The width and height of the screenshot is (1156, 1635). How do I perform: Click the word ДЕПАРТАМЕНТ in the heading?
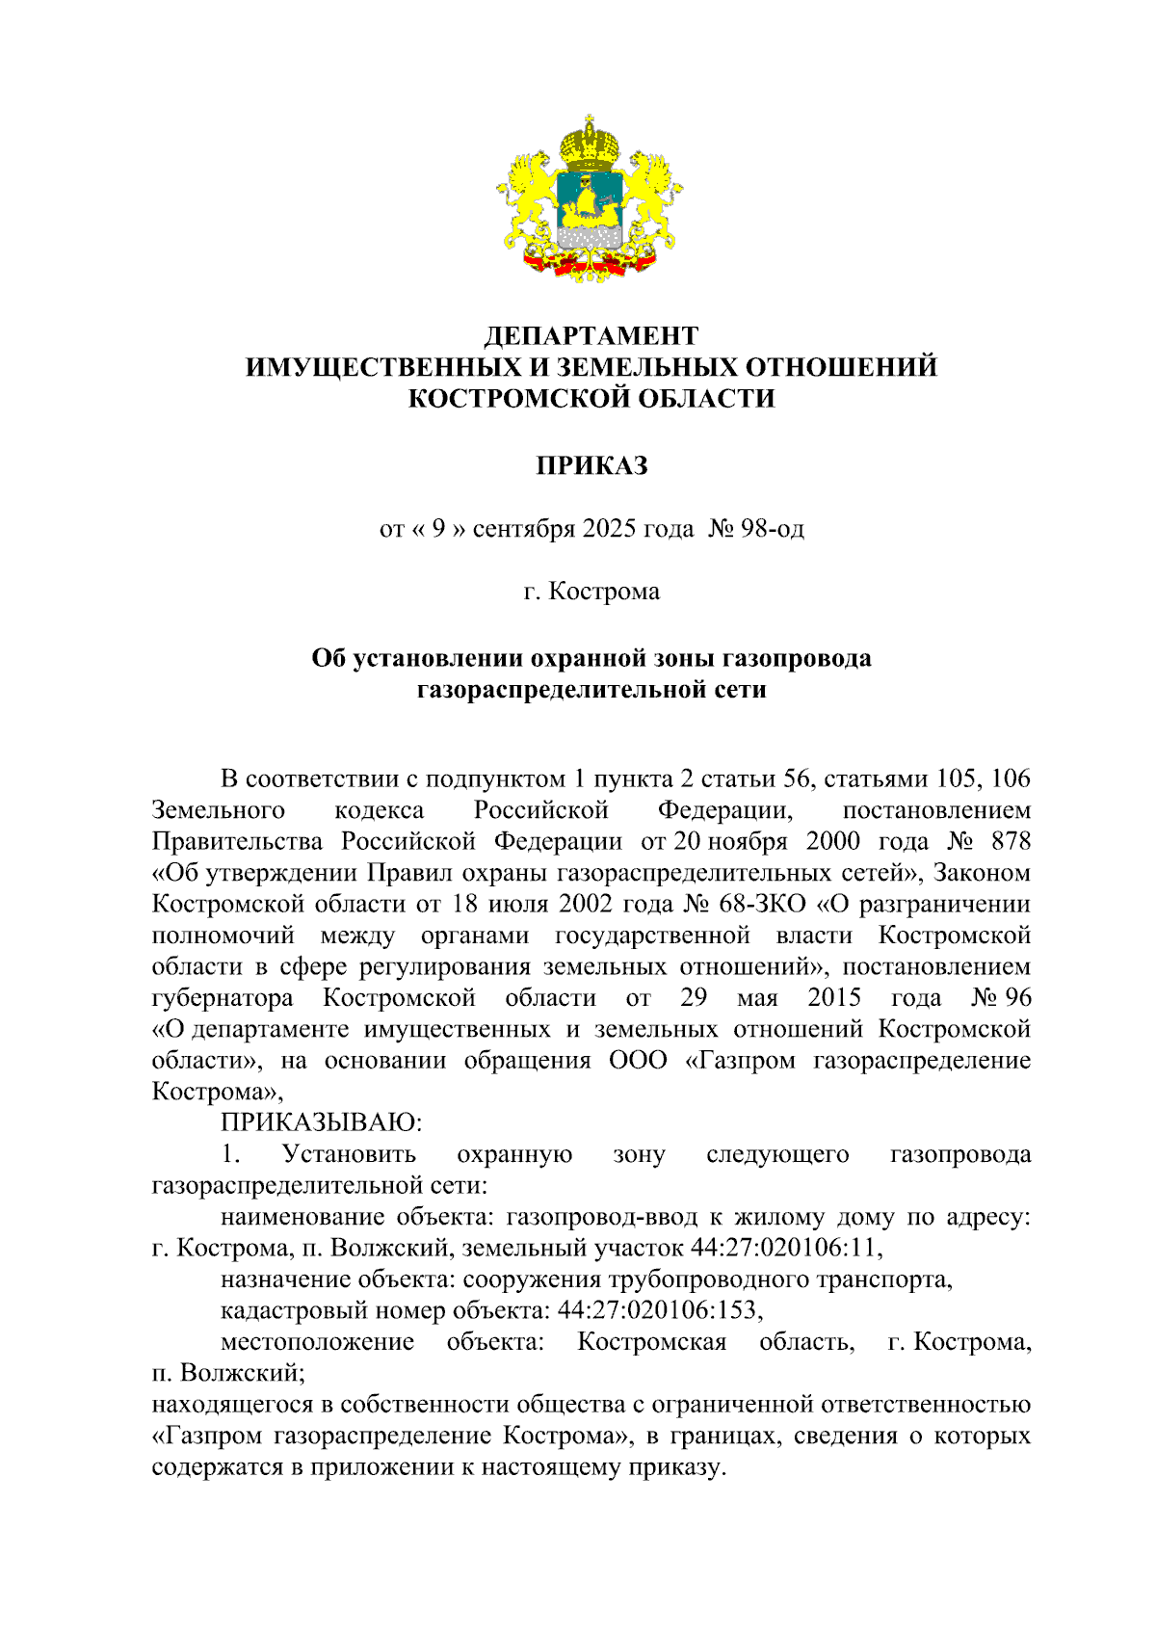tap(591, 335)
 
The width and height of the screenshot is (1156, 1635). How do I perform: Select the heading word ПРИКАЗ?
tap(591, 465)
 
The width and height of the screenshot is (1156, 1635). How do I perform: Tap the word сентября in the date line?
tap(524, 528)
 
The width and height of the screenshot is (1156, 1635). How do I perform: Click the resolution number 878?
tap(1011, 841)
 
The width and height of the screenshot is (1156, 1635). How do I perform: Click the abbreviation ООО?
tap(638, 1060)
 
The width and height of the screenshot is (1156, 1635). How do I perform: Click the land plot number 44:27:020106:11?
tap(786, 1248)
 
